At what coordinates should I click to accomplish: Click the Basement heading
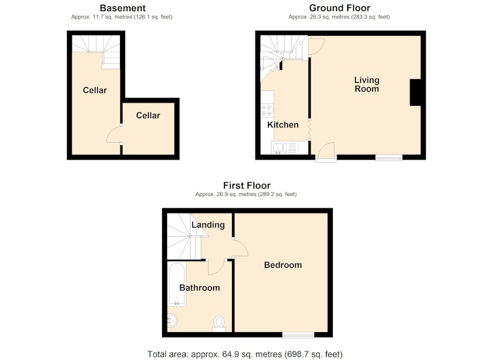click(x=123, y=8)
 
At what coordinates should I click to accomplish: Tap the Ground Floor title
click(x=339, y=8)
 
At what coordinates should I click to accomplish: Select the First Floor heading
click(x=246, y=185)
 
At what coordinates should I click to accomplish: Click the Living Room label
click(x=366, y=84)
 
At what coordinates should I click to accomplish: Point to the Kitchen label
click(x=283, y=124)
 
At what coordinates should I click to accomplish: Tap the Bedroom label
click(x=283, y=265)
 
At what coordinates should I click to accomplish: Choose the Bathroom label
click(x=199, y=288)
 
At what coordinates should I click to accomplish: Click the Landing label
click(x=208, y=225)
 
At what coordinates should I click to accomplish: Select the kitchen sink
click(x=284, y=148)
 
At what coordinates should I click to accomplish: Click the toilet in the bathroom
click(x=219, y=324)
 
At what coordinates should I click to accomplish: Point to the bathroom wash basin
click(x=172, y=321)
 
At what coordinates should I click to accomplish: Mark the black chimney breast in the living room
click(x=415, y=92)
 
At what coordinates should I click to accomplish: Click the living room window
click(x=389, y=158)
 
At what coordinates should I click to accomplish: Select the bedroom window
click(x=298, y=335)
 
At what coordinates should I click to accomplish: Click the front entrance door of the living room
click(x=326, y=152)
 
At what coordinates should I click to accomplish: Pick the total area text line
click(x=245, y=354)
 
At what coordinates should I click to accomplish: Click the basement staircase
click(x=96, y=51)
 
